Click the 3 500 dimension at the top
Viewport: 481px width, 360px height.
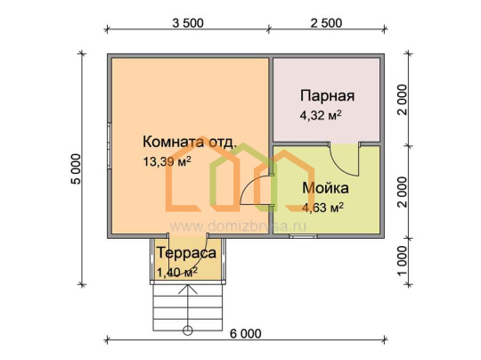188,23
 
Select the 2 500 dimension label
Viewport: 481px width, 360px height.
326,23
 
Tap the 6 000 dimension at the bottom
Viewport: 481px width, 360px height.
246,333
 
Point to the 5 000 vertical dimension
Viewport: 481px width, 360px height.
76,168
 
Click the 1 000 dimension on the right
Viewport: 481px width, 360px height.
402,261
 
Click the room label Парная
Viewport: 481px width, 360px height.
327,95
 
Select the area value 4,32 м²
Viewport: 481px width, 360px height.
321,116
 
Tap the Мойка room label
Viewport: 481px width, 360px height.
325,188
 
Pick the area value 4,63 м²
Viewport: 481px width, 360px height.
322,208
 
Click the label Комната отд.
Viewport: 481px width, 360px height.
190,142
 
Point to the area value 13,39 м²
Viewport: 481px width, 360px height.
167,161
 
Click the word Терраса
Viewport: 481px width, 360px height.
186,253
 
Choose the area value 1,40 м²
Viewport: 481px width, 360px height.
177,272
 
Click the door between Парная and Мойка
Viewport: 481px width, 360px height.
344,159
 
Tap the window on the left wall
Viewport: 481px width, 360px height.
110,146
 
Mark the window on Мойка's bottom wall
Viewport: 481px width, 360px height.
304,236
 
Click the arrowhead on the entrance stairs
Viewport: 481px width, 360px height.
188,289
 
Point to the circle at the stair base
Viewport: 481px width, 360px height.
188,331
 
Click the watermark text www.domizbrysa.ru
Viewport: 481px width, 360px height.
238,226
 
